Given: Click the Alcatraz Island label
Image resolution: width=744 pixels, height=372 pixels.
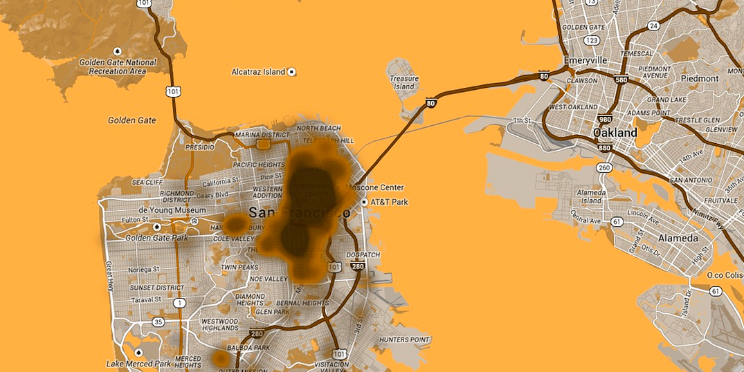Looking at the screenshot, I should (x=258, y=72).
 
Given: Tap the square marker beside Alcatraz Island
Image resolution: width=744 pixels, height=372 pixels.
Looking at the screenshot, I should (x=291, y=72).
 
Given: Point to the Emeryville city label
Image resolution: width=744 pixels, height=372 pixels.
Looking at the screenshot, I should (x=585, y=60).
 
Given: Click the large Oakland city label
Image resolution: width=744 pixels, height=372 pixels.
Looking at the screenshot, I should (x=615, y=132).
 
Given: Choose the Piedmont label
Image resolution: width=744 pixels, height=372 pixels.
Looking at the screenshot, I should (x=700, y=78).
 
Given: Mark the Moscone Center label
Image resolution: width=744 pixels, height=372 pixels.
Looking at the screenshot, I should (x=374, y=187).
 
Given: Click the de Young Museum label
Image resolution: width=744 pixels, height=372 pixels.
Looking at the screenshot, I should (x=172, y=210).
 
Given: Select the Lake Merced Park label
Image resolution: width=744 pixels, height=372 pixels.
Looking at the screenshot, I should (x=138, y=364).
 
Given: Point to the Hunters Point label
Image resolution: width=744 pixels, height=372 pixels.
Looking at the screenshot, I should (x=404, y=340).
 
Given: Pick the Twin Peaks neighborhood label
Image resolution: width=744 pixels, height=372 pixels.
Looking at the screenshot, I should (x=239, y=267).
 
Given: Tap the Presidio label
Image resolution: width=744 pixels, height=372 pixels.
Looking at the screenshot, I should (x=200, y=147).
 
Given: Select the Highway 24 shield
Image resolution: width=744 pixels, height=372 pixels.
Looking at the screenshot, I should (x=653, y=26).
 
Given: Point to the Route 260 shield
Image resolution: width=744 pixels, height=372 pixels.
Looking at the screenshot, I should (x=604, y=168).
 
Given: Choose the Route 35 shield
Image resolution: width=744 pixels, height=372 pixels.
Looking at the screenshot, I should (x=158, y=322).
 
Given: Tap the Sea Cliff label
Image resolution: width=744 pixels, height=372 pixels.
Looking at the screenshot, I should (x=147, y=182).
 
